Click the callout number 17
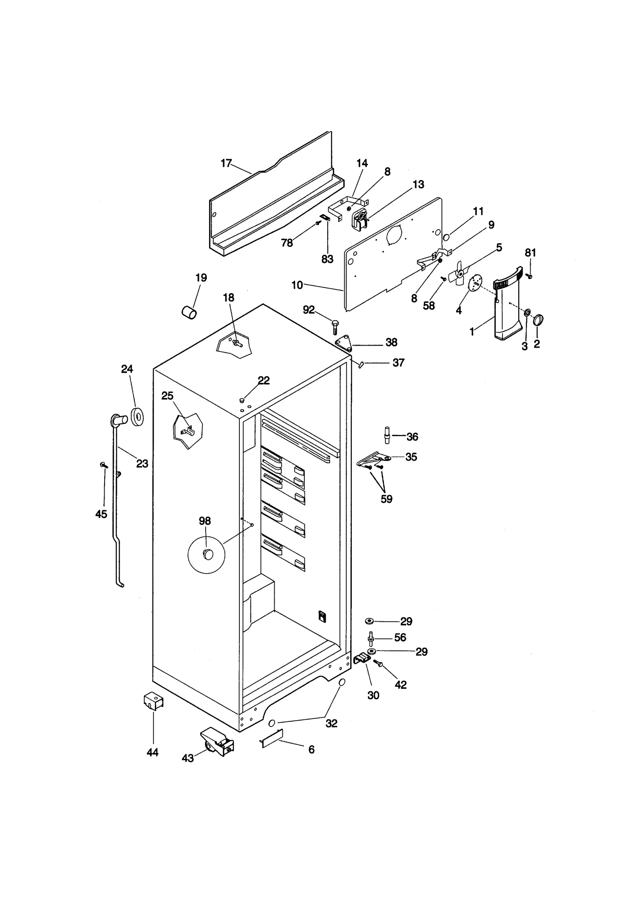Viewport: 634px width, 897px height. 226,163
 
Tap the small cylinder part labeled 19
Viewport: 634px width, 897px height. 189,313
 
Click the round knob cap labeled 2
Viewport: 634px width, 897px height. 538,319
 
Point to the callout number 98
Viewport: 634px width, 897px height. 205,521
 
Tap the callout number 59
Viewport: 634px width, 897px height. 386,499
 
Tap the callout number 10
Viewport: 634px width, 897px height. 297,285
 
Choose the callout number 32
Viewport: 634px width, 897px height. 331,723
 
